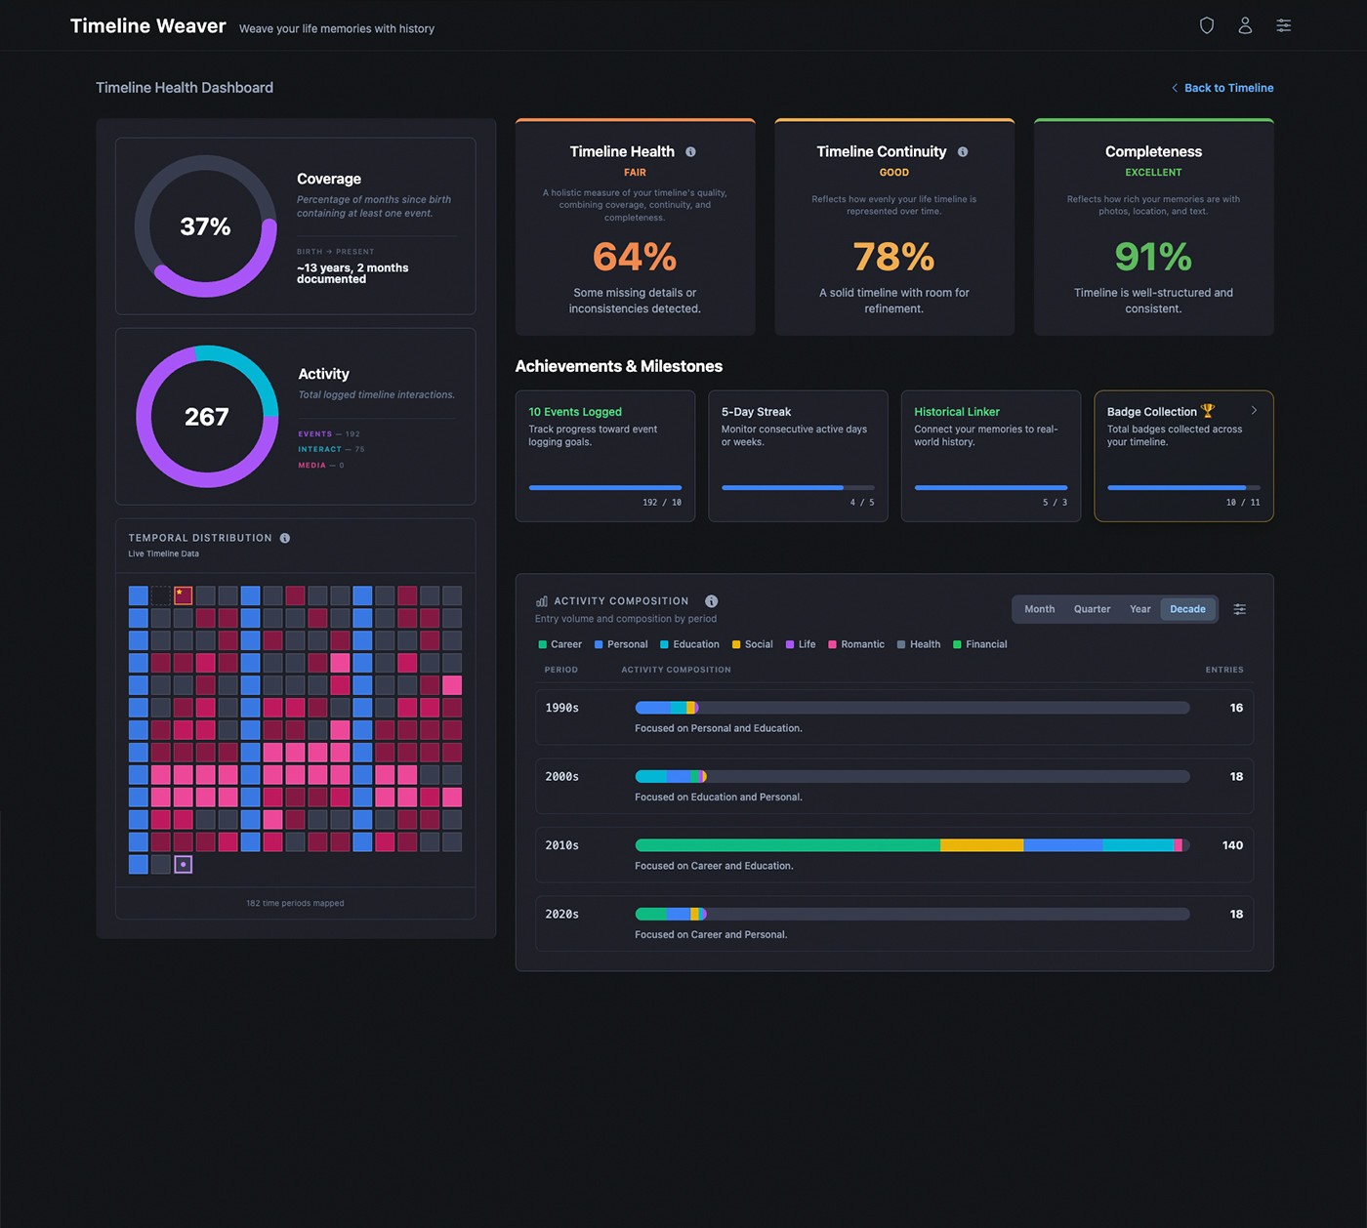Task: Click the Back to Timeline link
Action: [1227, 88]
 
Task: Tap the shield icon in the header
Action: [1207, 25]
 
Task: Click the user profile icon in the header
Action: [1245, 25]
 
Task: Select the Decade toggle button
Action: [1187, 609]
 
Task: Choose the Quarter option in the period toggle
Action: [1092, 609]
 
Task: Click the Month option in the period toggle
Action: [1039, 609]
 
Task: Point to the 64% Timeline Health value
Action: [635, 257]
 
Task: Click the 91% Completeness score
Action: [1153, 257]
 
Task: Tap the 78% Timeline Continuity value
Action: [893, 257]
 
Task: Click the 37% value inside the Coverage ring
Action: [205, 226]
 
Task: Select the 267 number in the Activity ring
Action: [207, 417]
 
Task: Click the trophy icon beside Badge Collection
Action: [1208, 411]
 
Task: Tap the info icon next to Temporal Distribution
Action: [285, 538]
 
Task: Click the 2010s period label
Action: [561, 845]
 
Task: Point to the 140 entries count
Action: [1232, 845]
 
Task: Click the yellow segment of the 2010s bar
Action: [981, 845]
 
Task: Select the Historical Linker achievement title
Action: [957, 412]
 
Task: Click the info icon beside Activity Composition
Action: [711, 601]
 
